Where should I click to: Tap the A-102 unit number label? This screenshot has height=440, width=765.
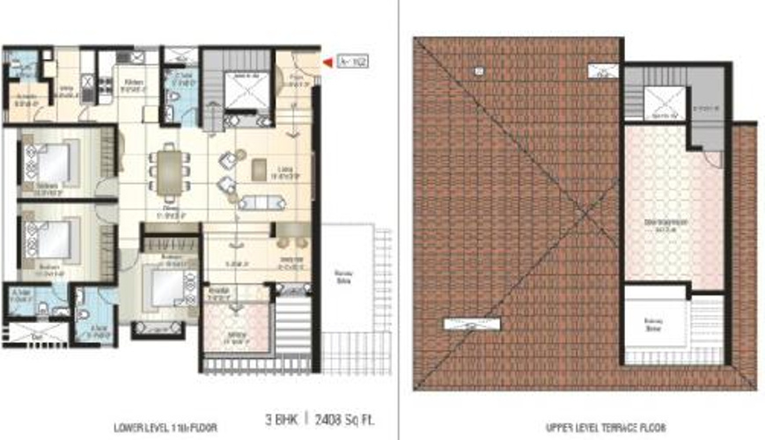pyautogui.click(x=348, y=62)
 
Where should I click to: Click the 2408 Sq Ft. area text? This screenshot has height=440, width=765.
pyautogui.click(x=334, y=420)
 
